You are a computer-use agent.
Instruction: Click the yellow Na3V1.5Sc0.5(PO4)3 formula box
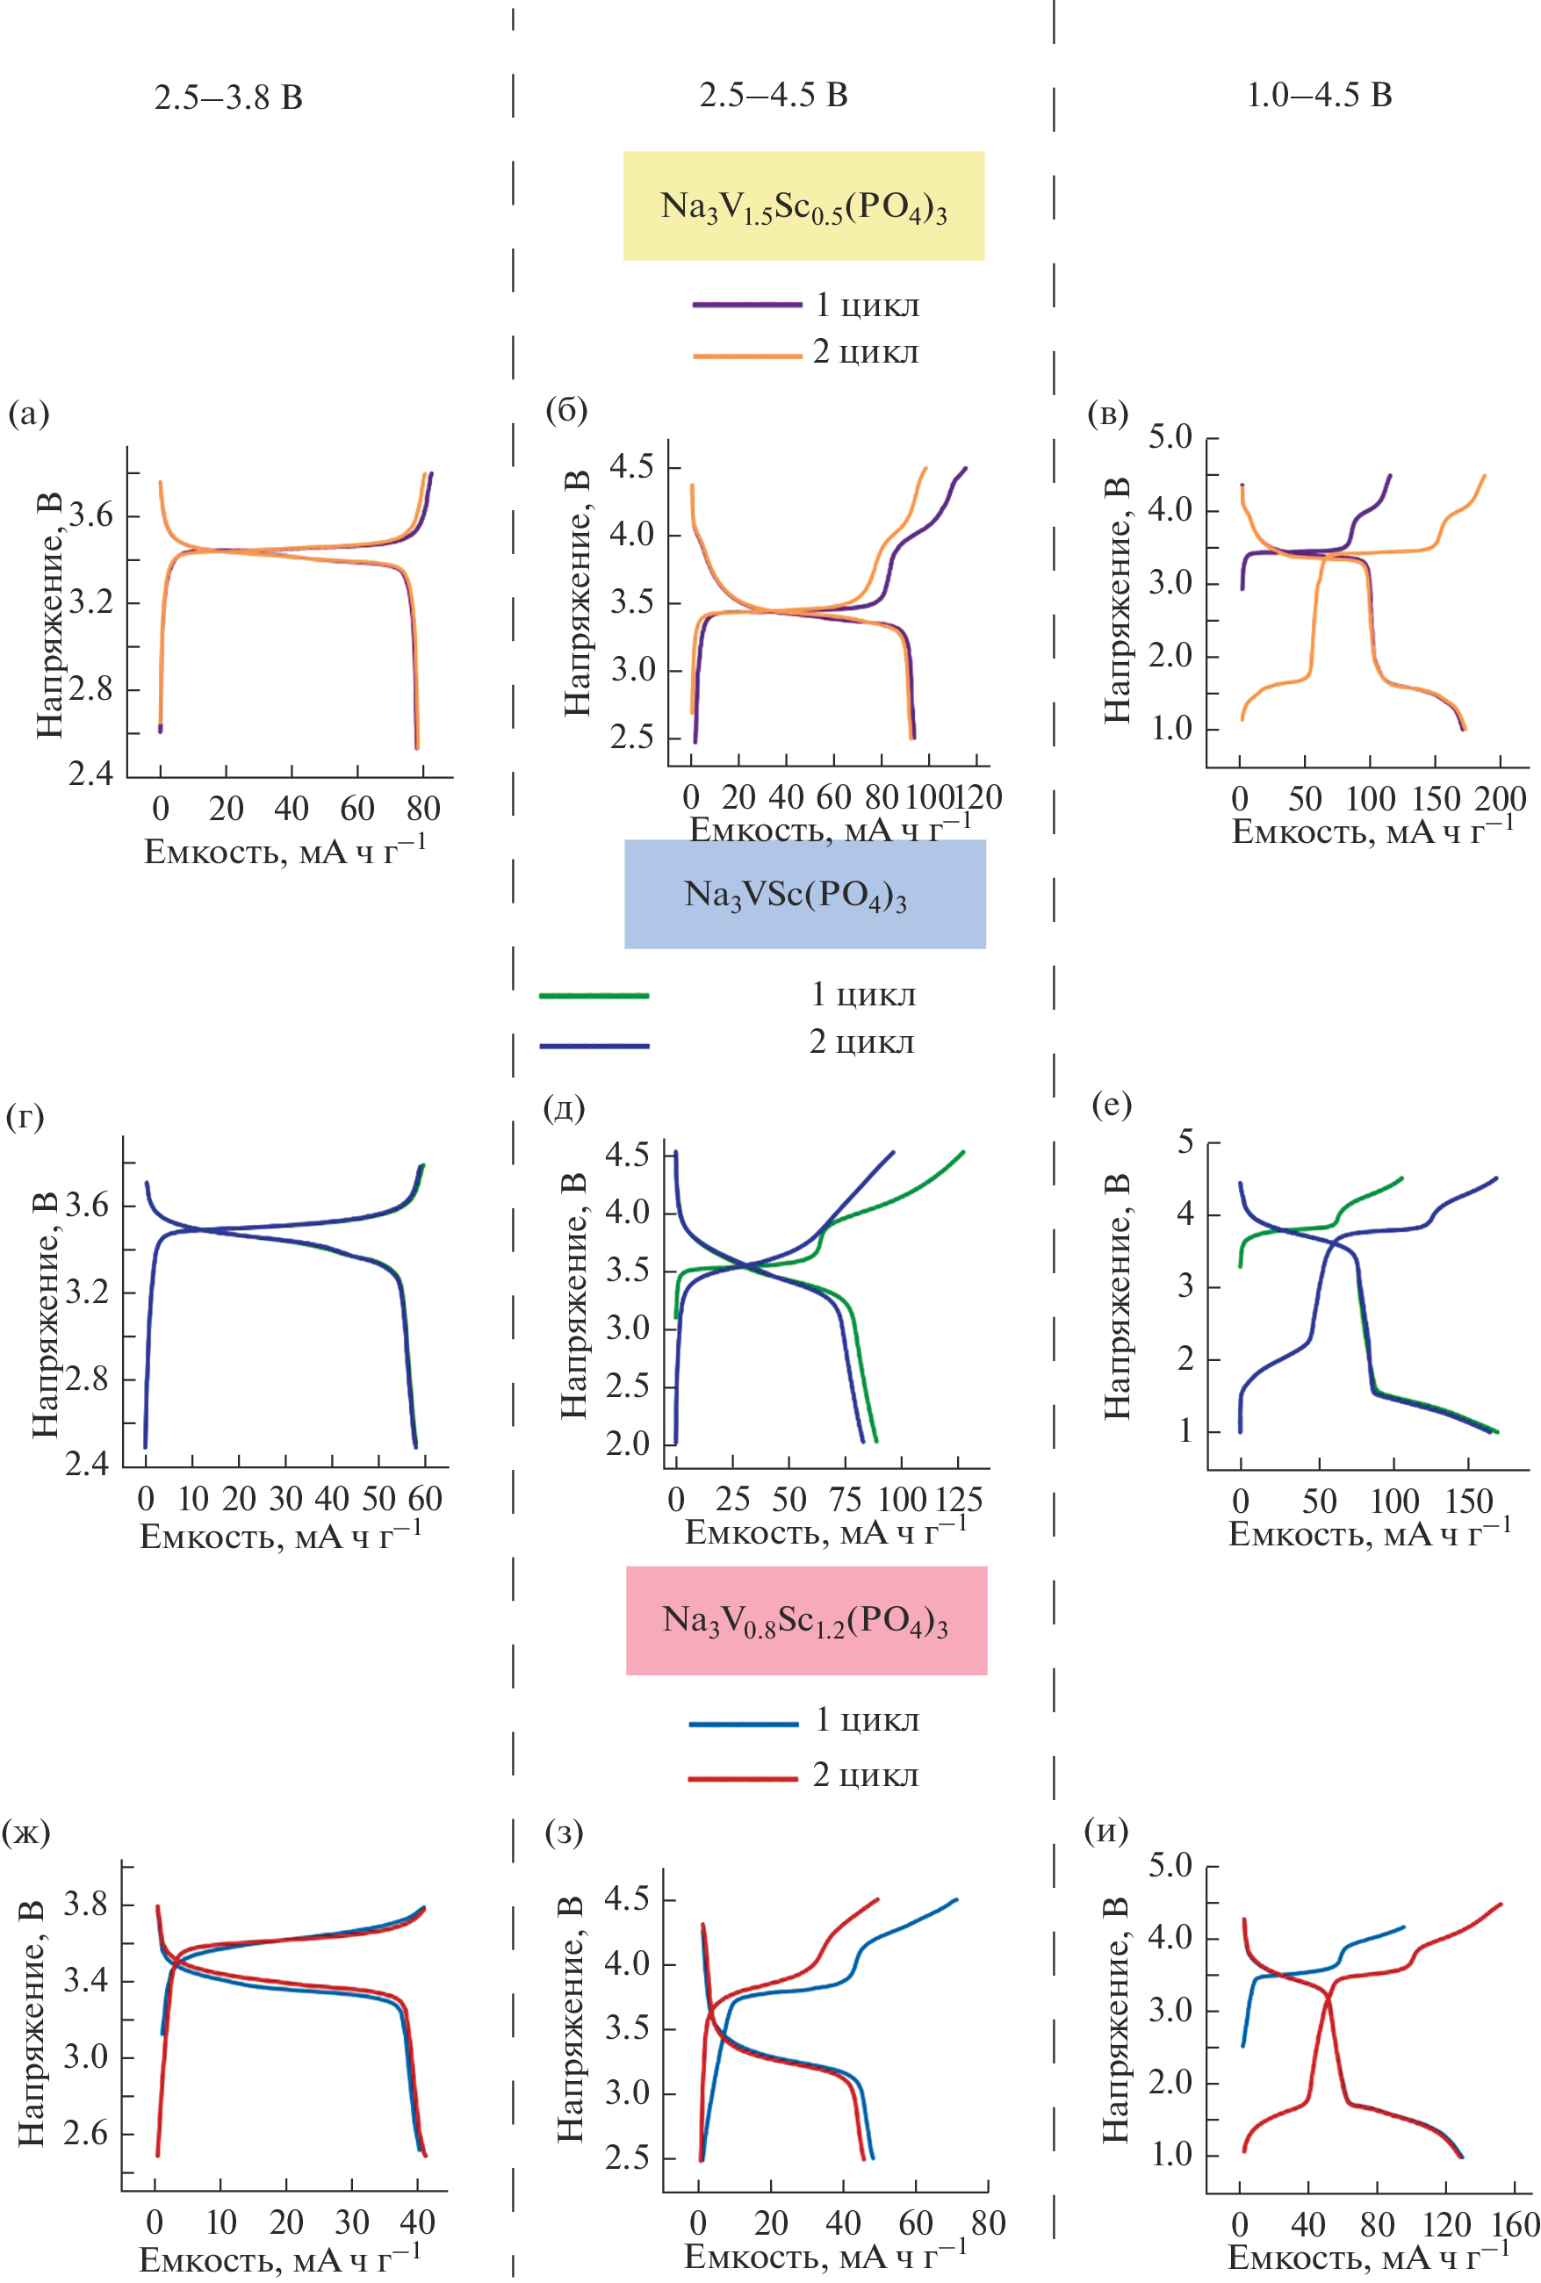click(x=803, y=205)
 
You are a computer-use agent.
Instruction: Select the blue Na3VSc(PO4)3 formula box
click(x=804, y=893)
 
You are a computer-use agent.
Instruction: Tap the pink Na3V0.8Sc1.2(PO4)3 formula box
click(x=805, y=1620)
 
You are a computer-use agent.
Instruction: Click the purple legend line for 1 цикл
click(x=746, y=305)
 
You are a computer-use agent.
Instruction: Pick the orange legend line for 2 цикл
click(x=746, y=355)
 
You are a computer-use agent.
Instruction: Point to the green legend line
click(x=594, y=995)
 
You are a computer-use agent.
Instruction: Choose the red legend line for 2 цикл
click(x=743, y=1778)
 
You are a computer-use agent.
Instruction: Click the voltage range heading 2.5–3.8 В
click(x=228, y=97)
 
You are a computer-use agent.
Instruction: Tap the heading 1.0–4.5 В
click(x=1318, y=96)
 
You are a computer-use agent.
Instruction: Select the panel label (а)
click(x=27, y=414)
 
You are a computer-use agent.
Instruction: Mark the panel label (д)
click(x=564, y=1108)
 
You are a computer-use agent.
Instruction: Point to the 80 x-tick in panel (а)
click(x=423, y=809)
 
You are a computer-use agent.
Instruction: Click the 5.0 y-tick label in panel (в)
click(x=1170, y=437)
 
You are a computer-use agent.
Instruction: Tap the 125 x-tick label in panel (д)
click(x=958, y=1499)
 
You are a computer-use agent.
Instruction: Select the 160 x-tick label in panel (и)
click(x=1514, y=2224)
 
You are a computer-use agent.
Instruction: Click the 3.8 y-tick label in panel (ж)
click(x=85, y=1904)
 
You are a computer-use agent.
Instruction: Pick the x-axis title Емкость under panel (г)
click(x=281, y=1537)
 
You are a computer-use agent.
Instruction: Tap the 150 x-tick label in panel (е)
click(x=1468, y=1501)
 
